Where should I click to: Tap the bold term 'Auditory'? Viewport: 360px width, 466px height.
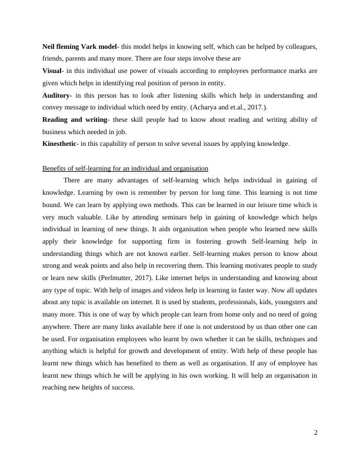point(56,95)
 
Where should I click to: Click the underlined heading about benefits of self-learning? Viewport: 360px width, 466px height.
point(125,169)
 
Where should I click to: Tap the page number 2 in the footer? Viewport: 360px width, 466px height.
point(316,433)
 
